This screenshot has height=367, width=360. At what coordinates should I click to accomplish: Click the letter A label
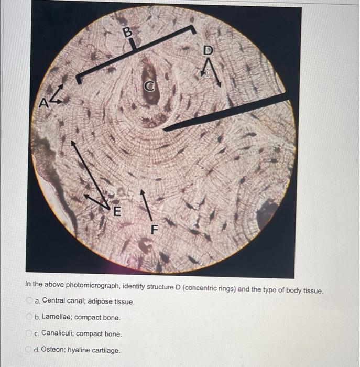pyautogui.click(x=45, y=103)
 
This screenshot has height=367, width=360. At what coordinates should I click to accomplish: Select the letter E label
pyautogui.click(x=116, y=211)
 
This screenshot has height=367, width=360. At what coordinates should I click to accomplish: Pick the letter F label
pyautogui.click(x=154, y=229)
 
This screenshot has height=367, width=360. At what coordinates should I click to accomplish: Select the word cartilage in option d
pyautogui.click(x=106, y=350)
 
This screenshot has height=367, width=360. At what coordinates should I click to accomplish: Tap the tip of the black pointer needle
pyautogui.click(x=164, y=129)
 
